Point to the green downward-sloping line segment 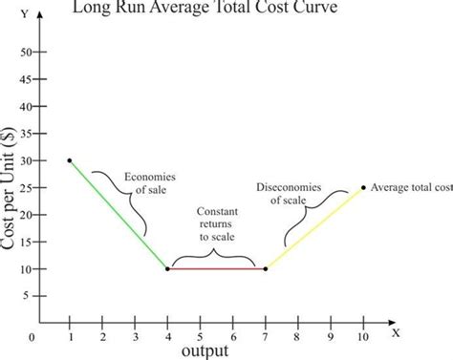pos(118,214)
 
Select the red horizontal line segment pos(216,269)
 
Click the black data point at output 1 pos(70,160)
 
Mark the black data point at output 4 pos(167,269)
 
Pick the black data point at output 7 pos(265,269)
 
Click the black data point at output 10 pos(363,187)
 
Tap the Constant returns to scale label pos(218,223)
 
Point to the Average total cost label pos(410,187)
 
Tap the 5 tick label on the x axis pos(200,335)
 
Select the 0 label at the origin pos(32,337)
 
